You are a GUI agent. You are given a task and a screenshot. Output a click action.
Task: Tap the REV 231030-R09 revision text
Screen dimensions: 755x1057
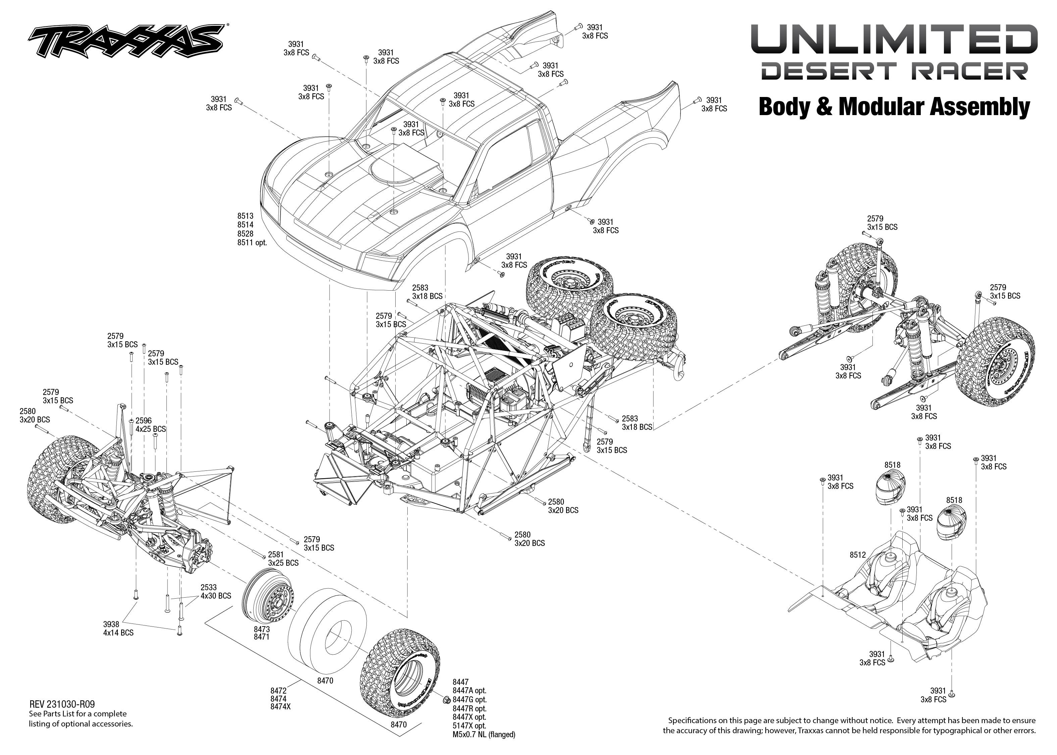coord(62,704)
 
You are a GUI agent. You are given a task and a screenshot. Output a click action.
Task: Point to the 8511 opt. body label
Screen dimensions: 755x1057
coord(252,243)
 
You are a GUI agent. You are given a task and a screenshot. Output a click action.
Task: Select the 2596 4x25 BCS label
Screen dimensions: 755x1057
coord(150,425)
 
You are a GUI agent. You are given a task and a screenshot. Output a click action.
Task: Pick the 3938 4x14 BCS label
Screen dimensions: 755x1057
coord(118,628)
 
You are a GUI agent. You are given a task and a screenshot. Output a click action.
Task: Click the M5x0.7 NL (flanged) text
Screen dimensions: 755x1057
coord(484,735)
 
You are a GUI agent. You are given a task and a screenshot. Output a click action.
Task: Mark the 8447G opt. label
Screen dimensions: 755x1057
coord(469,699)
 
